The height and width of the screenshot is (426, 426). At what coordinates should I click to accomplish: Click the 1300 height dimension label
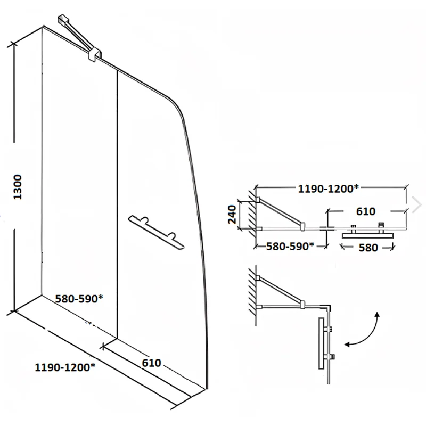click(x=18, y=187)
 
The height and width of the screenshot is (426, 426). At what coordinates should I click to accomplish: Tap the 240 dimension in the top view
click(x=232, y=215)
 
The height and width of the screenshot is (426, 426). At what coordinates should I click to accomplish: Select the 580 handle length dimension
click(x=368, y=248)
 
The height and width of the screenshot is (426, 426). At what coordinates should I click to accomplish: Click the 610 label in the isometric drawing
click(x=151, y=363)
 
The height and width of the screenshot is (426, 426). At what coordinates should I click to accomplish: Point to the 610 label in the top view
click(x=366, y=211)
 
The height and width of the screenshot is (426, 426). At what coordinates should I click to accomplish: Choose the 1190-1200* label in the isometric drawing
click(x=65, y=367)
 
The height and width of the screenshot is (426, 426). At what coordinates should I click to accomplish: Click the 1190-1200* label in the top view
click(x=329, y=189)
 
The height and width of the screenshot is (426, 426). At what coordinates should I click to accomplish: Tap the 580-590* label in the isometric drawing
click(x=79, y=298)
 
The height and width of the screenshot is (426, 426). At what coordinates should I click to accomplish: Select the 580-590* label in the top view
click(x=290, y=246)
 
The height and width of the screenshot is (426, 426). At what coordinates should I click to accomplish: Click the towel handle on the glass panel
click(x=157, y=232)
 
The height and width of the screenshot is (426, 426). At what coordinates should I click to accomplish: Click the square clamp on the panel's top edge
click(x=95, y=54)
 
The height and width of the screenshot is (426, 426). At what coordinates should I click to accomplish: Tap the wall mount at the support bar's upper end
click(x=63, y=20)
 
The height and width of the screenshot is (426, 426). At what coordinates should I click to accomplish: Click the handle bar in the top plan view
click(x=367, y=235)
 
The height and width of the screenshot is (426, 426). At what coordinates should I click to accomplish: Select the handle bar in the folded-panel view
click(x=322, y=343)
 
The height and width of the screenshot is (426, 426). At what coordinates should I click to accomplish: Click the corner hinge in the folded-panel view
click(x=327, y=308)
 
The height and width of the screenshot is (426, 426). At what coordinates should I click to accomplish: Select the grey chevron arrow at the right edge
click(x=417, y=204)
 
